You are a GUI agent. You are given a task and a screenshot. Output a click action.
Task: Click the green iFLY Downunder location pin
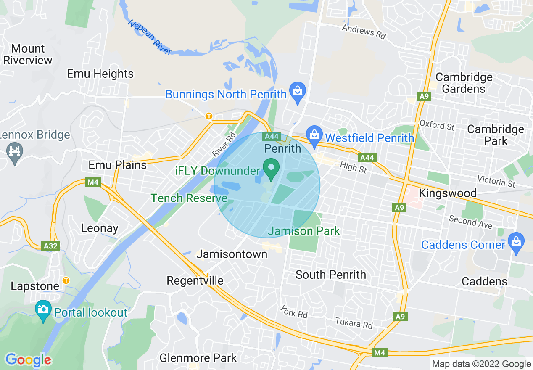pyautogui.click(x=271, y=169)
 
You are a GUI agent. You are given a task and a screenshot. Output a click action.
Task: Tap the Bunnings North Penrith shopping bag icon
pyautogui.click(x=298, y=92)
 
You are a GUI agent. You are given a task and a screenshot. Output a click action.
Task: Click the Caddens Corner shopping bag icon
pyautogui.click(x=516, y=243)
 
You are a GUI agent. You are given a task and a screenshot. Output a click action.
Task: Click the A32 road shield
pyautogui.click(x=51, y=246)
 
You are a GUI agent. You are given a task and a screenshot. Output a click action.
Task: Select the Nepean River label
pyautogui.click(x=150, y=37)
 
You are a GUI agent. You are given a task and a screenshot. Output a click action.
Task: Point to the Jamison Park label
pyautogui.click(x=303, y=231)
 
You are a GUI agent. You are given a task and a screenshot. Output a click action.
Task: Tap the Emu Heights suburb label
pyautogui.click(x=100, y=74)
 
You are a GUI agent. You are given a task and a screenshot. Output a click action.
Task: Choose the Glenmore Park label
pyautogui.click(x=198, y=358)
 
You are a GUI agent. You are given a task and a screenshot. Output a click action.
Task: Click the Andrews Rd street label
pyautogui.click(x=364, y=32)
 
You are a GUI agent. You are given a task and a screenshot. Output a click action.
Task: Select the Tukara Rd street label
pyautogui.click(x=354, y=323)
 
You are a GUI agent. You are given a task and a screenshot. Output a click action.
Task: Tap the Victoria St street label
pyautogui.click(x=499, y=182)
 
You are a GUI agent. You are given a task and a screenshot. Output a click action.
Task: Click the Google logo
pyautogui.click(x=28, y=360)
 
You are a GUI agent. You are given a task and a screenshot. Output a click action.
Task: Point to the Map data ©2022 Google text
pyautogui.click(x=481, y=364)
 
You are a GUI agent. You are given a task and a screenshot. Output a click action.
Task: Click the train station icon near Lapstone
pyautogui.click(x=66, y=280)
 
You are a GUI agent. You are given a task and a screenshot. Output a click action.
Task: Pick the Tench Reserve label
pyautogui.click(x=189, y=198)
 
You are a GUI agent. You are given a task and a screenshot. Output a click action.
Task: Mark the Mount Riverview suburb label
pyautogui.click(x=27, y=54)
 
